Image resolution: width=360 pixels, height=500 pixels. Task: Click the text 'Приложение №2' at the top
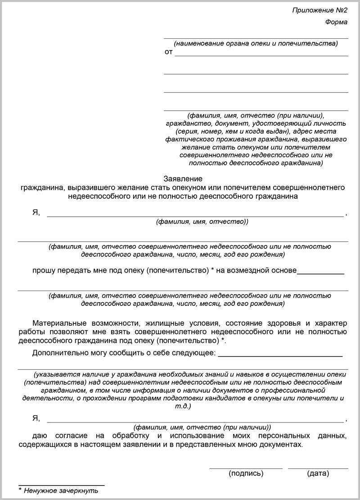tap(320, 10)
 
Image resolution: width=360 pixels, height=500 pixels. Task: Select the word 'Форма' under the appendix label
tap(337, 22)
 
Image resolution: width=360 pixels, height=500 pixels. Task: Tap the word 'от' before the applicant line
tap(169, 52)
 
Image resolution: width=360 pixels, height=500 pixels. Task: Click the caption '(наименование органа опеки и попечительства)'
tap(256, 44)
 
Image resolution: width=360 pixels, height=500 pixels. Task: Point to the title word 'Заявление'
tap(183, 179)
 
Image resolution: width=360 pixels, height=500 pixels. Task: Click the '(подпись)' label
tap(246, 473)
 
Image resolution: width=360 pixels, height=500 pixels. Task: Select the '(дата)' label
tap(318, 473)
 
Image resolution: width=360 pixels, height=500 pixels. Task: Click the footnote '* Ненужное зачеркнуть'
tap(58, 491)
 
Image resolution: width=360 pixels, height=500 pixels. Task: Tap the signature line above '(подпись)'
tap(246, 468)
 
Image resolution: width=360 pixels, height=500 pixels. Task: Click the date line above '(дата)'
tap(318, 468)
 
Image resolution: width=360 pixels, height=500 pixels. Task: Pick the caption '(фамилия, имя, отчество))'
tap(202, 222)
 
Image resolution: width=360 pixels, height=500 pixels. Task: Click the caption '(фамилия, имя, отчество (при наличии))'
tap(202, 426)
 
